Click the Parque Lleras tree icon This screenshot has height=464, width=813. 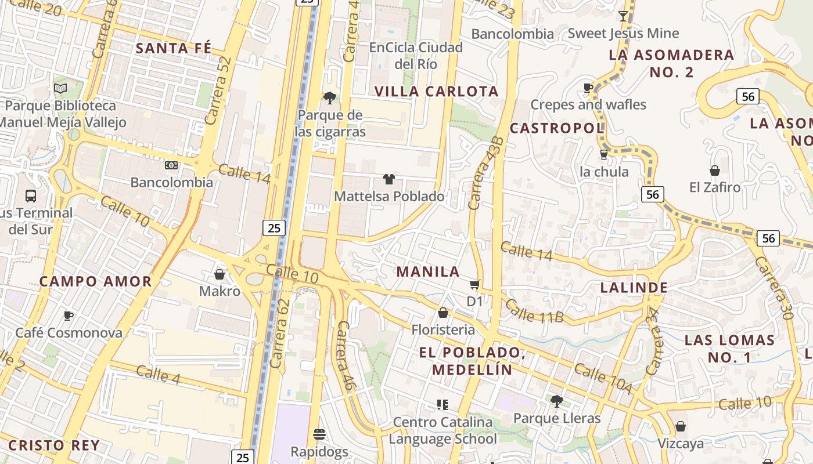coord(556,401)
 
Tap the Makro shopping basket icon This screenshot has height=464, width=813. coord(220,274)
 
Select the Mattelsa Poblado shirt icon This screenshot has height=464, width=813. coord(388,179)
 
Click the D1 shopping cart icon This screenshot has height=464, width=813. coord(474,284)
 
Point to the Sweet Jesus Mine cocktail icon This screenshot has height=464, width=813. coord(623,16)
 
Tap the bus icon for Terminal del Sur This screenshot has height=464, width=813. coord(31,196)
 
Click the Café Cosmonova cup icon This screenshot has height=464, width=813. coord(69,316)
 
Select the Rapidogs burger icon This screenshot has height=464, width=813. coord(319,434)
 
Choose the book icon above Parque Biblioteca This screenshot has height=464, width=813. coord(60,88)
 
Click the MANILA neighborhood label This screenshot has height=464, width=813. coord(428,271)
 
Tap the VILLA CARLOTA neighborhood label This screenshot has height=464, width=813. coord(437,92)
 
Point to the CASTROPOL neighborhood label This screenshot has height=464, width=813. coord(557,128)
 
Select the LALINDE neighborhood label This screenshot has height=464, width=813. coord(634,288)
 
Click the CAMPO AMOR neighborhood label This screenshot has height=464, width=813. coord(95,282)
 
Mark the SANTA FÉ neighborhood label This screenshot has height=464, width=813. coord(174,48)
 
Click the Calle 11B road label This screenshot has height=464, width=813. coord(534,311)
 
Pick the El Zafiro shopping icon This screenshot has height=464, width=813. coord(715,171)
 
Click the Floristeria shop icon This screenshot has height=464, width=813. coord(443,313)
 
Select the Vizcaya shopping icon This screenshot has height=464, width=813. coord(681,427)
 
